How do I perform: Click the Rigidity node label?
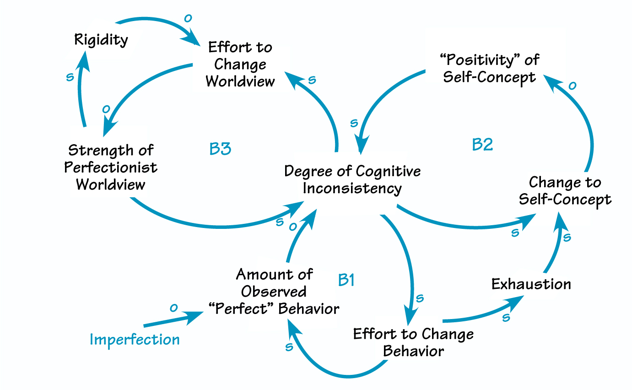101,40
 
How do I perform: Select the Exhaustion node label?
531,284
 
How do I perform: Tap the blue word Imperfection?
135,339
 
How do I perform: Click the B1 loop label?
346,280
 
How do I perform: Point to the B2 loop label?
482,145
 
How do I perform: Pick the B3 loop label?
220,149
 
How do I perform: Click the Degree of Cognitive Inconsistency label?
352,180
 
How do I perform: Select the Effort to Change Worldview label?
240,64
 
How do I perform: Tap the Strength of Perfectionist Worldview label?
110,167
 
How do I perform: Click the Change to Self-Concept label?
565,191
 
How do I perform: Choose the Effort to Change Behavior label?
413,342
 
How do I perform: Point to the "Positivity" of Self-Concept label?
489,68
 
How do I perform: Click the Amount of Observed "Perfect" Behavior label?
274,292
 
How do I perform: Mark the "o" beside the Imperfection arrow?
173,308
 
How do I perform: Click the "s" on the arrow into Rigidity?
70,76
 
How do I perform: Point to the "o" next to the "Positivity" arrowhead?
572,85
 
